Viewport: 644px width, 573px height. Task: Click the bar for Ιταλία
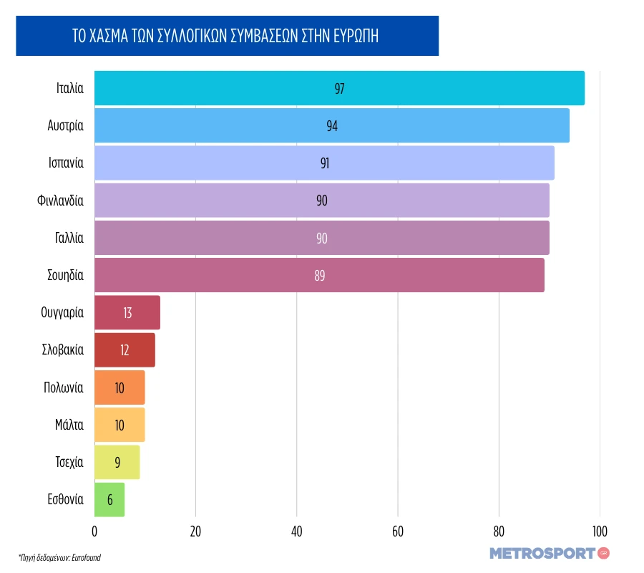[x=339, y=88]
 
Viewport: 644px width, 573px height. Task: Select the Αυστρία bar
[x=332, y=125]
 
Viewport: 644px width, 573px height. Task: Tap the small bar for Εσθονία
[x=109, y=500]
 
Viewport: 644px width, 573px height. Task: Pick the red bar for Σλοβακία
[x=125, y=350]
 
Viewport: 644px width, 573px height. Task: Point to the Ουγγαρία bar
[x=127, y=313]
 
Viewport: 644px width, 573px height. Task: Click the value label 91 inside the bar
[x=325, y=163]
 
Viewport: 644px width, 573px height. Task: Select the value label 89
[x=320, y=275]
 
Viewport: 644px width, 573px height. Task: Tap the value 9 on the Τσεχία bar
[x=117, y=463]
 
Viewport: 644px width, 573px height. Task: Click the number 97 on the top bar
[x=340, y=88]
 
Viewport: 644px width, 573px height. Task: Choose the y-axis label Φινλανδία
[x=60, y=201]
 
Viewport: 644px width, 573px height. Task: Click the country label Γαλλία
[x=69, y=238]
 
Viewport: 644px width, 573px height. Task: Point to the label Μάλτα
[x=69, y=425]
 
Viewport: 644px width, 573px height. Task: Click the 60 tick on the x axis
[x=398, y=531]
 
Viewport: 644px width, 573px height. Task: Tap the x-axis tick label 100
[x=600, y=531]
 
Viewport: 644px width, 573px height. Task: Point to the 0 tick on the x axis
[x=94, y=531]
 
